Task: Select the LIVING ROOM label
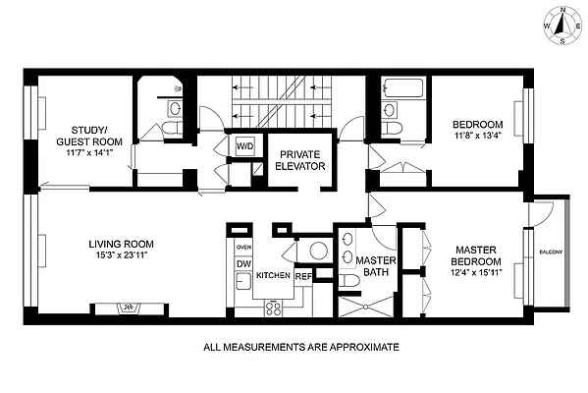122,245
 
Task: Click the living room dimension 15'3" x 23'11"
122,256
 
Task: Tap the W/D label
242,147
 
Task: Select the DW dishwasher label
242,264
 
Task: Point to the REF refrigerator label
303,276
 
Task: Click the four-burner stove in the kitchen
275,307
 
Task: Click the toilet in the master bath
350,282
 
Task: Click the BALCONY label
551,253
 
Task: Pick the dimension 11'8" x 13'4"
477,137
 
